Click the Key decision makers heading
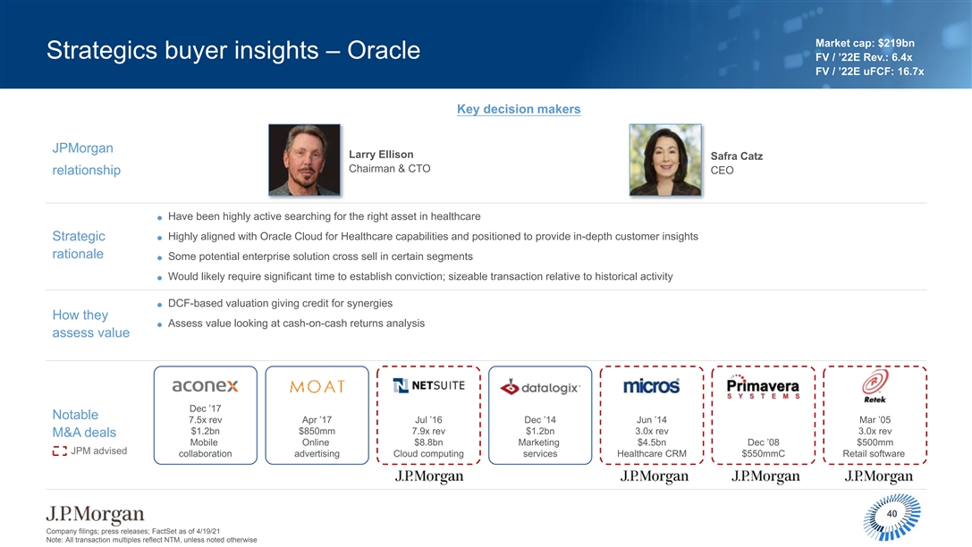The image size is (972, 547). coord(519,109)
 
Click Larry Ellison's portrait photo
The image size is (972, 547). coord(304,160)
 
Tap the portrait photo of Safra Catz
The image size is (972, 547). coord(665,160)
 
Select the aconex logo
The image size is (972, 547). coord(205,386)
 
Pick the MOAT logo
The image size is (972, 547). coord(317,386)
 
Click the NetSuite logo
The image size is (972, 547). coord(429,385)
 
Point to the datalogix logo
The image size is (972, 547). coord(540,388)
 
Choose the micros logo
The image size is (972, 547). coord(652,386)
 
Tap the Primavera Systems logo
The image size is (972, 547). coord(763,386)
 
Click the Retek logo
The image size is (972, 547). coord(875,385)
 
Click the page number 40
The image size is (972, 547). coord(892,514)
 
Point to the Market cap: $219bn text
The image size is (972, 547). coord(865,44)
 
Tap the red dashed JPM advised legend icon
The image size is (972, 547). coord(60,451)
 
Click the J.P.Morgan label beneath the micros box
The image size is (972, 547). coord(655,475)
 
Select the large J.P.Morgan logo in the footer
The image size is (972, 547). coord(95,514)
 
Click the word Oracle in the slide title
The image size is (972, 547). coord(384,50)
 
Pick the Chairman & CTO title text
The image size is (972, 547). coord(389,169)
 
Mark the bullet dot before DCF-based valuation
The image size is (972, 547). coord(159,305)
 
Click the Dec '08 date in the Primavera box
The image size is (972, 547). coord(763,442)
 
